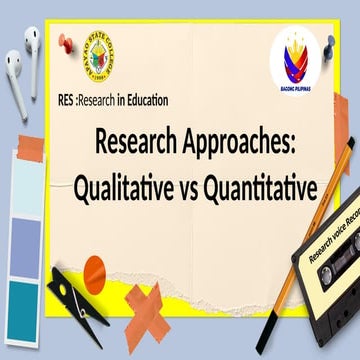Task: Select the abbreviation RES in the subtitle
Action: (69, 100)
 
